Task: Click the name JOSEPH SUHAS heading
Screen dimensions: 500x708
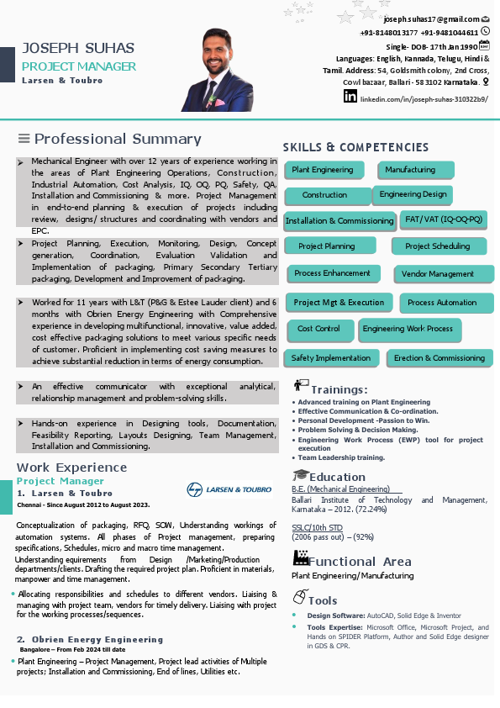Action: (x=78, y=48)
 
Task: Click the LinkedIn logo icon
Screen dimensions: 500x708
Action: (x=350, y=97)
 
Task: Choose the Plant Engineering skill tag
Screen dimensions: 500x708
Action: (x=323, y=170)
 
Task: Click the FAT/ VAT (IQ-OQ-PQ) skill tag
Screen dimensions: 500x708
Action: (x=444, y=219)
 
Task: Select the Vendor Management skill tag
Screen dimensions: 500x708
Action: (x=438, y=274)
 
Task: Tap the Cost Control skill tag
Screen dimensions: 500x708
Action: (x=318, y=329)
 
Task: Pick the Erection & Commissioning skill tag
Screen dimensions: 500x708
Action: (x=439, y=358)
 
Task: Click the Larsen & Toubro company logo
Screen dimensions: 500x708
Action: (x=229, y=489)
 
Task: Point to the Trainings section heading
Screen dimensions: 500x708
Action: (x=339, y=390)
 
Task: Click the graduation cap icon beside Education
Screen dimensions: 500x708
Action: (x=300, y=476)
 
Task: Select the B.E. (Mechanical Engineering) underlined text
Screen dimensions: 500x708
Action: (x=340, y=489)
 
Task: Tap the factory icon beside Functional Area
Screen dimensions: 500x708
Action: (x=300, y=558)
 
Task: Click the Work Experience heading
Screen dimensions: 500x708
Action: (x=72, y=468)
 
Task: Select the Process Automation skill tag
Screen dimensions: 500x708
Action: (x=442, y=303)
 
